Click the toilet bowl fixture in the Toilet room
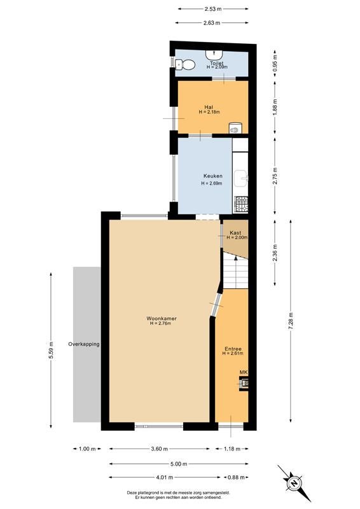[185, 65]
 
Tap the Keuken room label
[213, 176]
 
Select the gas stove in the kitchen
[241, 204]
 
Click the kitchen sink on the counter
[241, 178]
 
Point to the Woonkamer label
[162, 319]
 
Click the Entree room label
[233, 349]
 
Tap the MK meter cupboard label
[244, 372]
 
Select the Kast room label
[235, 233]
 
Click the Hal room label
[209, 107]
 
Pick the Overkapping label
[84, 344]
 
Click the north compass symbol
[294, 482]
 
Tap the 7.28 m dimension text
[291, 321]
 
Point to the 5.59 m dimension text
[51, 351]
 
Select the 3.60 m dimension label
[160, 449]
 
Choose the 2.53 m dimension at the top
[213, 9]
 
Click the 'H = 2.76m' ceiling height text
[161, 323]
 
